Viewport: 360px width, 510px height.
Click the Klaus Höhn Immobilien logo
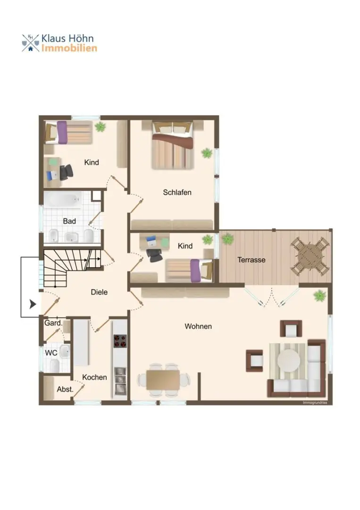click(x=59, y=43)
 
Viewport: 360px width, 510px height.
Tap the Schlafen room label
click(x=177, y=192)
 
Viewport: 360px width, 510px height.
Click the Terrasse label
click(x=251, y=260)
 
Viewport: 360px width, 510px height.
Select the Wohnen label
click(x=198, y=326)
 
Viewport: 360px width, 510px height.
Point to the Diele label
click(x=99, y=292)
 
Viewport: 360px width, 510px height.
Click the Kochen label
click(x=94, y=377)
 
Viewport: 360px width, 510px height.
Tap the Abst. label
click(x=65, y=389)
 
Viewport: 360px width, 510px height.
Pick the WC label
click(x=51, y=353)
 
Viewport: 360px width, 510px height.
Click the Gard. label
click(x=53, y=323)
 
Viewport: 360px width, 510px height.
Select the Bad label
click(x=69, y=221)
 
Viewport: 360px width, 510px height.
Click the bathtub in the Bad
click(x=63, y=199)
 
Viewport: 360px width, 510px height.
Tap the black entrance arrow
click(x=33, y=305)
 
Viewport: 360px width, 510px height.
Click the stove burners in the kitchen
click(x=120, y=341)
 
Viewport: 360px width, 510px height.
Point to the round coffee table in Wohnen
click(x=289, y=360)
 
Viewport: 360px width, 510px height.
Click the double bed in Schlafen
click(x=173, y=145)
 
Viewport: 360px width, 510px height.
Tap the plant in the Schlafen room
click(x=207, y=153)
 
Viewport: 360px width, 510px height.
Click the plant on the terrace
click(x=227, y=239)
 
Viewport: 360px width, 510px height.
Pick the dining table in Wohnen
click(x=163, y=380)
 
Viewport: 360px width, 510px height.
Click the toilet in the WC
click(x=55, y=365)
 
